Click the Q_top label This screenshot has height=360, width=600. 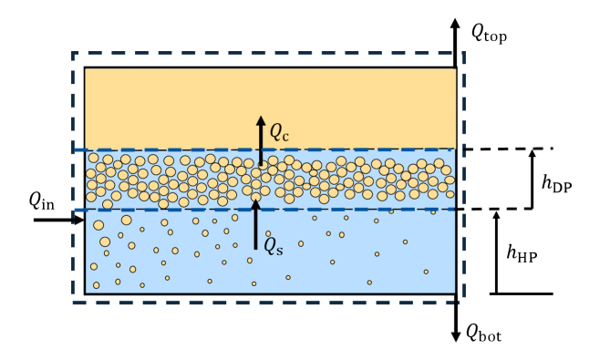pyautogui.click(x=488, y=34)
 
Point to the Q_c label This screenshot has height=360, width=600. pyautogui.click(x=278, y=131)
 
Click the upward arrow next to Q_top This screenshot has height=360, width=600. pyautogui.click(x=455, y=32)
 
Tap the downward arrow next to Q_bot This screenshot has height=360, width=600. pyautogui.click(x=455, y=324)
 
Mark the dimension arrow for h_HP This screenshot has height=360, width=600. pyautogui.click(x=496, y=252)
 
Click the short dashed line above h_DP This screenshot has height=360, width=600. pyautogui.click(x=507, y=149)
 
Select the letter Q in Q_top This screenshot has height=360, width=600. pyautogui.click(x=478, y=32)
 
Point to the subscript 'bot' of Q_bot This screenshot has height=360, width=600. pyautogui.click(x=491, y=336)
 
